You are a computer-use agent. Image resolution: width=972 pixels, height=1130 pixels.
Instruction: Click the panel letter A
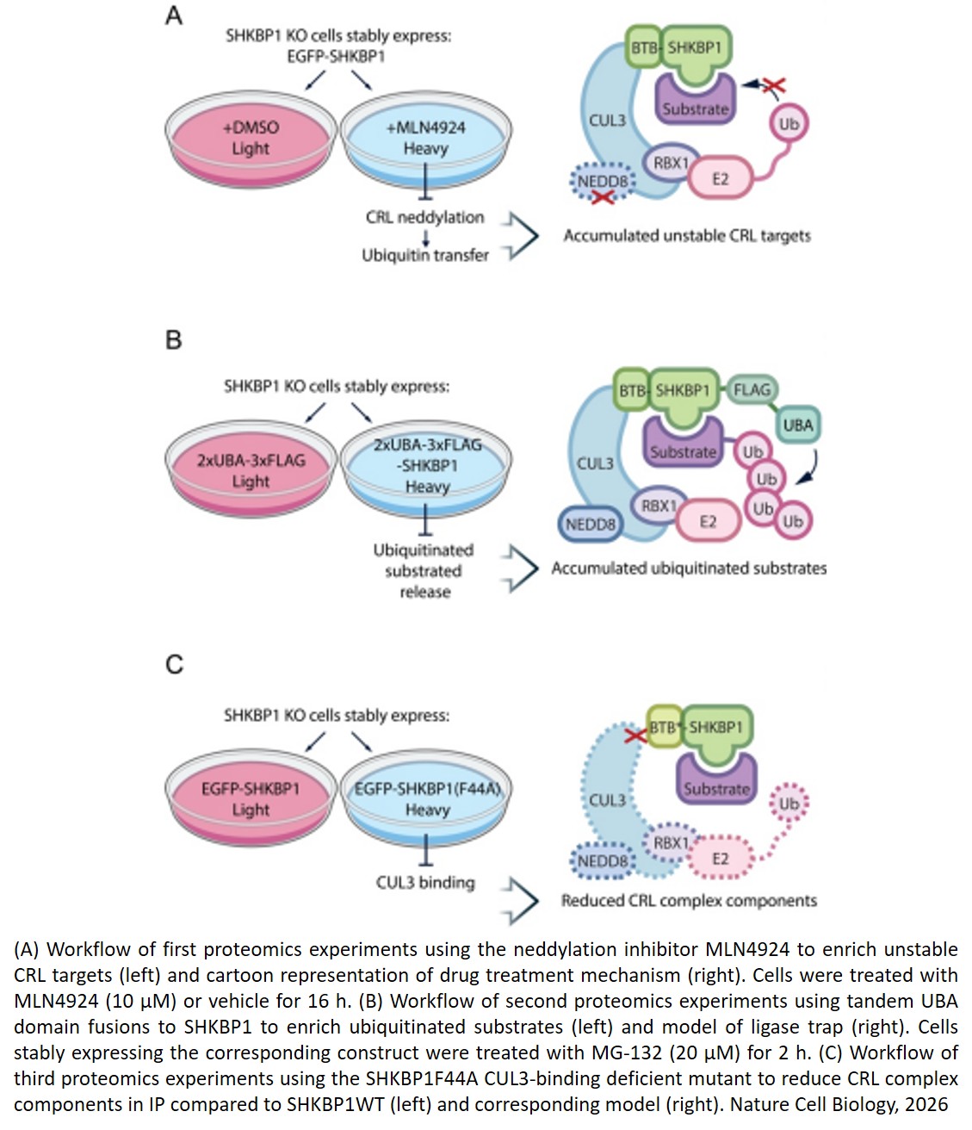174,16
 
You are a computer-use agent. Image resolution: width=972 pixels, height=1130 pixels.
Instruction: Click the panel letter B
173,340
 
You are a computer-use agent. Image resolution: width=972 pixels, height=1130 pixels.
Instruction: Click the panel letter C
174,664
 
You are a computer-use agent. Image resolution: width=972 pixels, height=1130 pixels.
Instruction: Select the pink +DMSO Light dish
251,138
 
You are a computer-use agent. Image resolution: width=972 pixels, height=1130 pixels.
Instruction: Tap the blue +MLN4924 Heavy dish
425,138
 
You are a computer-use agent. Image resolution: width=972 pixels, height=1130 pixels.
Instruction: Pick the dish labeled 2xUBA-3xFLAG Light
251,470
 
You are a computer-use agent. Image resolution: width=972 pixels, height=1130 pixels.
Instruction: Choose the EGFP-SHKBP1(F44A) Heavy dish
427,799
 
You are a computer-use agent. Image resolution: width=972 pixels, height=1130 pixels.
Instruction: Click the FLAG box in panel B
751,390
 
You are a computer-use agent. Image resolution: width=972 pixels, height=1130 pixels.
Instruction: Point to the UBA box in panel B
797,425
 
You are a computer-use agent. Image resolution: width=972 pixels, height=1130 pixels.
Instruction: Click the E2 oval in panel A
720,179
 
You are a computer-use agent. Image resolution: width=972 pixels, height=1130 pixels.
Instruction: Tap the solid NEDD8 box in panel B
590,524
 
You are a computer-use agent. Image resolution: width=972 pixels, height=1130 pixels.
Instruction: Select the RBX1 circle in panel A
671,163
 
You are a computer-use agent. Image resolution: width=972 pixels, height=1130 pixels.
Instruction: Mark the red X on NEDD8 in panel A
603,197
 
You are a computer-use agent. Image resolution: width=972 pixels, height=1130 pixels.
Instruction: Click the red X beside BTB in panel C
635,736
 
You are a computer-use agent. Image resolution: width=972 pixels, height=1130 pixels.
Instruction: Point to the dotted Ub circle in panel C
789,804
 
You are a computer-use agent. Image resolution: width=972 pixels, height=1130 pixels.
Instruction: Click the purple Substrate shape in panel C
715,779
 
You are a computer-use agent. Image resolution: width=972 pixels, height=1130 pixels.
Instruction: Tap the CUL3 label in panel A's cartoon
607,121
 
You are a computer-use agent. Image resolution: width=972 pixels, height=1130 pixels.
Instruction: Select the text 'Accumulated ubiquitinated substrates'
689,568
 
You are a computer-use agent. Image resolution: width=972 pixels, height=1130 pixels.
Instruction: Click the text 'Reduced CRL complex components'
689,901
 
